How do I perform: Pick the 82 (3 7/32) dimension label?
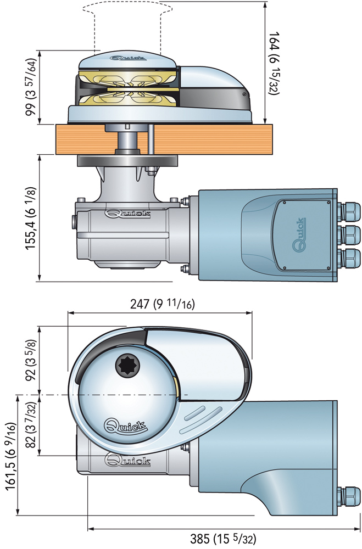(x=32, y=425)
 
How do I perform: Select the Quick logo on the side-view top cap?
(x=130, y=57)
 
